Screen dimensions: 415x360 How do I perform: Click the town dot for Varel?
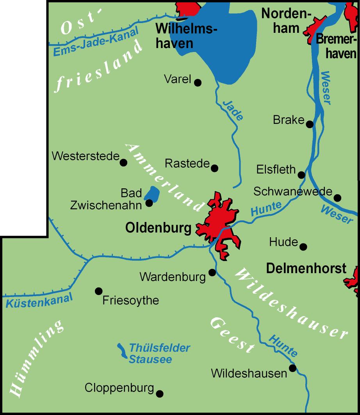(x=198, y=82)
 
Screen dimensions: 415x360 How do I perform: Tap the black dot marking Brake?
(x=310, y=124)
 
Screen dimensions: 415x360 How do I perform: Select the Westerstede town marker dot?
(x=123, y=163)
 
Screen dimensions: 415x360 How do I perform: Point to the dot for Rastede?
(x=214, y=168)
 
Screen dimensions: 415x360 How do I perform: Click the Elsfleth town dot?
(x=301, y=175)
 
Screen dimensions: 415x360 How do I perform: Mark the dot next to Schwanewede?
(x=337, y=198)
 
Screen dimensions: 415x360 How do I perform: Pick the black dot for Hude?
(x=303, y=247)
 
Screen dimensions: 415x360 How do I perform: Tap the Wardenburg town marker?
(x=212, y=272)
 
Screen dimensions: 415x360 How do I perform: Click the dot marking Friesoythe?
(x=98, y=291)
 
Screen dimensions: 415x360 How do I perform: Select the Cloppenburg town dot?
(x=159, y=394)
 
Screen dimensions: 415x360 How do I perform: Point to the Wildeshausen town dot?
(x=292, y=368)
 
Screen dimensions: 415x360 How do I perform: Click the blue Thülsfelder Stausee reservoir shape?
(x=123, y=351)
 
